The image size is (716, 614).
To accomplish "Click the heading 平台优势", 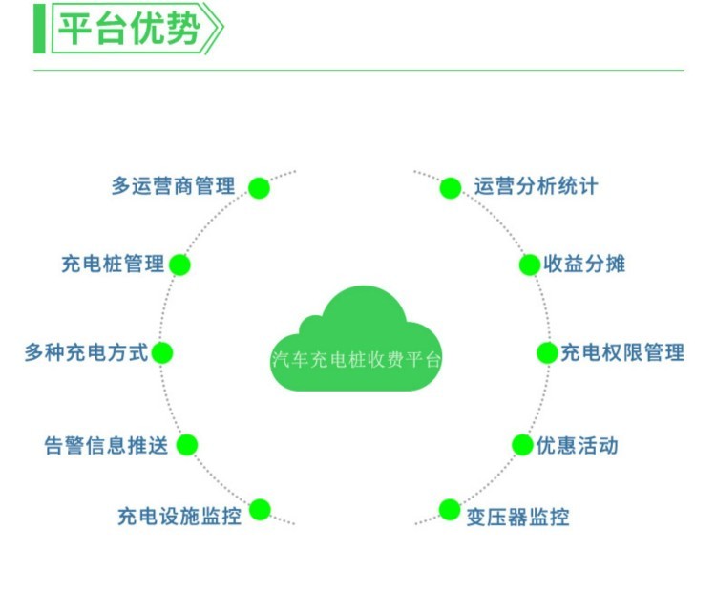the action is tap(129, 29).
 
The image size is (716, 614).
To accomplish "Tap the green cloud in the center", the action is tap(356, 340).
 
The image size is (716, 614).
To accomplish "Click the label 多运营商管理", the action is tap(174, 186).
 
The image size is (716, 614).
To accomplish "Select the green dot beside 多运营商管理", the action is tap(259, 188).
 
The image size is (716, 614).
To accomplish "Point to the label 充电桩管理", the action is tap(113, 265).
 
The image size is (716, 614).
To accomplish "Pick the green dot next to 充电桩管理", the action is tap(179, 265).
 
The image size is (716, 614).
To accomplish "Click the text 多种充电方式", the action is tap(86, 352).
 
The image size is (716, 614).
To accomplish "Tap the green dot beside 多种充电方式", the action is tap(162, 353).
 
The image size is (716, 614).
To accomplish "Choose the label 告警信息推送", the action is tap(106, 445).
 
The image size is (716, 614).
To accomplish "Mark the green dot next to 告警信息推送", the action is tap(187, 445).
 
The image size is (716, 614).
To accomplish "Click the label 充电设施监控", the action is tap(179, 517).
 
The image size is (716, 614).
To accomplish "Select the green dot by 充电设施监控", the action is tap(260, 510).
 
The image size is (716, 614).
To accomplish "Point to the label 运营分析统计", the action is tap(537, 186).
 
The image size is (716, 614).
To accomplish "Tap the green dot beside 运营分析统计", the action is tap(451, 188).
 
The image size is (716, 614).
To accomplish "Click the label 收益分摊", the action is tap(584, 265).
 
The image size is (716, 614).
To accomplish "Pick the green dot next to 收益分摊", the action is tap(530, 265).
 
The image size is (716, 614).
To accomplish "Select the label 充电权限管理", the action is tap(622, 352).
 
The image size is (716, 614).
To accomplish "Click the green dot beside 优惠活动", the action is tap(523, 445).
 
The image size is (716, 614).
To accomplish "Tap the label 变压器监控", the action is tap(517, 518).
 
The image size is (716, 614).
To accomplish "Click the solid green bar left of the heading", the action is tap(39, 29).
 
